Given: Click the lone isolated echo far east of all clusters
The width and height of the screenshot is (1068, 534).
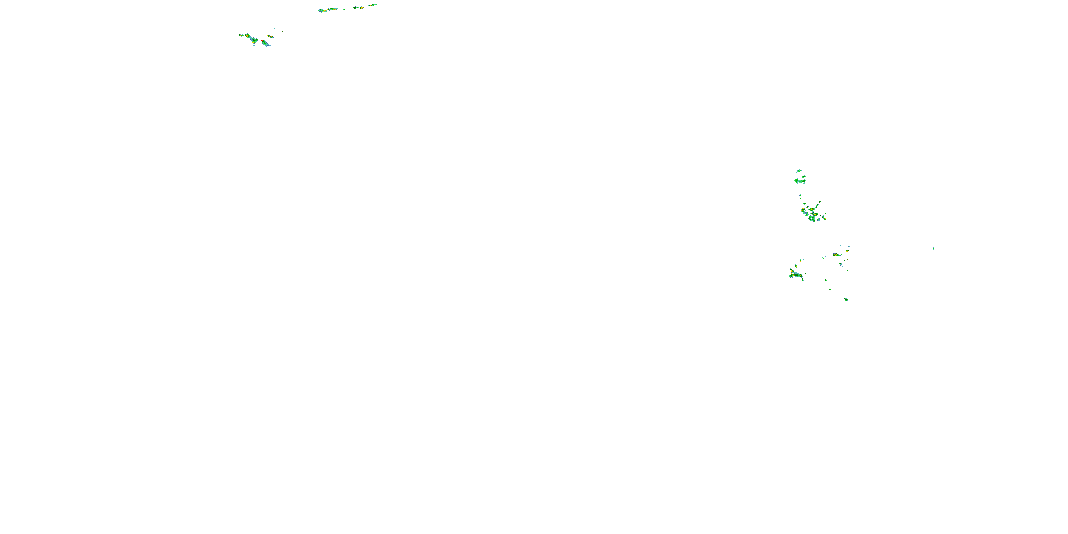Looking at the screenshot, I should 934,248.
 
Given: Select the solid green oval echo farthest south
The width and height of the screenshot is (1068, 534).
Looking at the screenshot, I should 846,299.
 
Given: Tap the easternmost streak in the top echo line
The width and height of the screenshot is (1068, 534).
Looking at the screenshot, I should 373,5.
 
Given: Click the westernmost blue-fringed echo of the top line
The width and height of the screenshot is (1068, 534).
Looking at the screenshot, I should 321,11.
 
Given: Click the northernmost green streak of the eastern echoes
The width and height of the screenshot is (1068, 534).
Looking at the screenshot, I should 799,171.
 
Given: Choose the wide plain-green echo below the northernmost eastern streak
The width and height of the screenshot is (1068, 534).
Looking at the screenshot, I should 800,181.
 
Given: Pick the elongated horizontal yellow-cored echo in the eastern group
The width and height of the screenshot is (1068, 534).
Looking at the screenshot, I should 837,255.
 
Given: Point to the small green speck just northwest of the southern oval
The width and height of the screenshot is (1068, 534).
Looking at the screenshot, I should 830,289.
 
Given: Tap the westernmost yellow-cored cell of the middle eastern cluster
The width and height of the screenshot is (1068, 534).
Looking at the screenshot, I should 803,210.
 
